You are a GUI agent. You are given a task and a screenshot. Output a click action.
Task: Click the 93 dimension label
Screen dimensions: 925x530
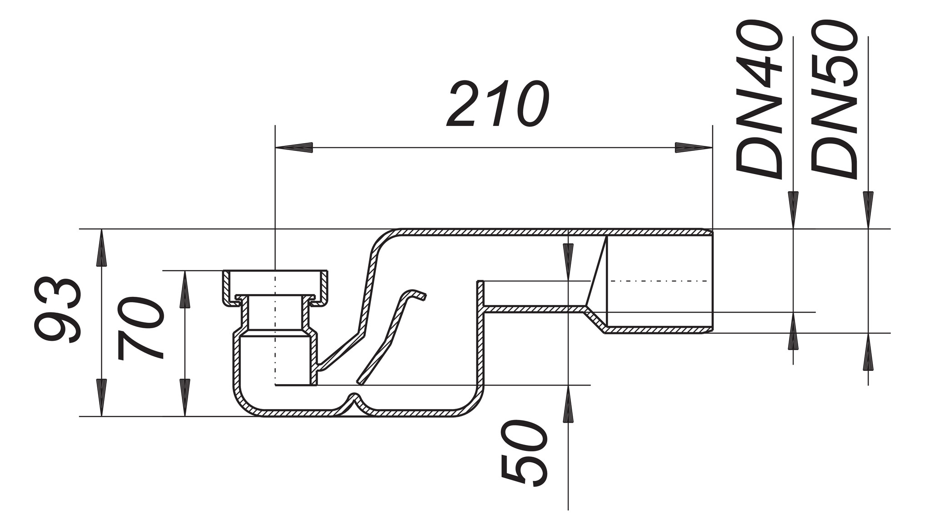58,309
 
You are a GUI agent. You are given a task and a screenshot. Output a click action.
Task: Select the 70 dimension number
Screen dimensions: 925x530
140,328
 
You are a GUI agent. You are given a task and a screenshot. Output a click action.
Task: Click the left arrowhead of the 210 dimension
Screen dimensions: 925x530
294,147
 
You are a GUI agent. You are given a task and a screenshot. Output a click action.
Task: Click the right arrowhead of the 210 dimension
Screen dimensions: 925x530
694,147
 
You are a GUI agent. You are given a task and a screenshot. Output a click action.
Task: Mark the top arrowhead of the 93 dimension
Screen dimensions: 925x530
101,248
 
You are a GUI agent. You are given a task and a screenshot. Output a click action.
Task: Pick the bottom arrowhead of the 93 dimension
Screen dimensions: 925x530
101,398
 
